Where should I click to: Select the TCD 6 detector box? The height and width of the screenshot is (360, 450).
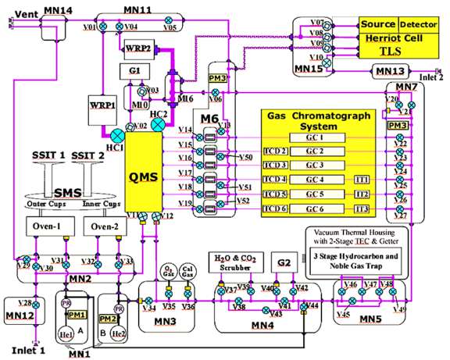tap(275, 209)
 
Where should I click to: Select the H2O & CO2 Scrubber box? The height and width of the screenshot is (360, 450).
tap(234, 262)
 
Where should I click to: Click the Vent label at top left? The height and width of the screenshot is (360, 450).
tap(25, 13)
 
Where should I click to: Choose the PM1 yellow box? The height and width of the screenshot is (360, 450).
tap(77, 292)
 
